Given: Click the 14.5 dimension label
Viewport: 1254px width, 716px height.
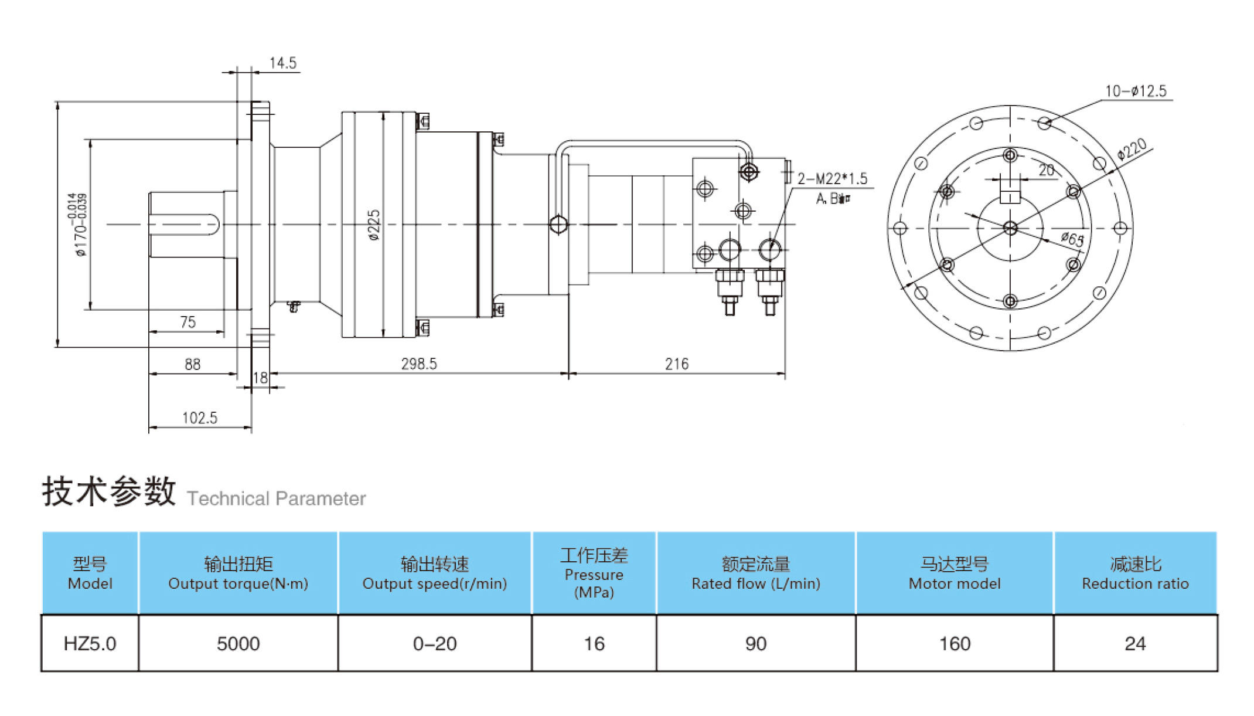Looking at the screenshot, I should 283,63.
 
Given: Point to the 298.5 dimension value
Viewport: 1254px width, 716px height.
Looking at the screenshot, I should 419,364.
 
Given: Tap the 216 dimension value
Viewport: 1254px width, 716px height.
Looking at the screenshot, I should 677,364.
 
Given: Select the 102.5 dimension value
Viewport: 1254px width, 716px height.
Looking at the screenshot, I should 200,418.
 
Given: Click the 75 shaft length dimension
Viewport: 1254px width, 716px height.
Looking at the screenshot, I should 188,322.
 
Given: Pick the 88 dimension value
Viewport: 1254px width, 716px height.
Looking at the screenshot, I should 193,364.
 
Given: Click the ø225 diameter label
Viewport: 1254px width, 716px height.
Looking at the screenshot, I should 374,225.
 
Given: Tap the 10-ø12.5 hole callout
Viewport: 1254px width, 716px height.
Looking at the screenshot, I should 1136,91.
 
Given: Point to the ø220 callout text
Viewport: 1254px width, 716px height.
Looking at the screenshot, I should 1132,149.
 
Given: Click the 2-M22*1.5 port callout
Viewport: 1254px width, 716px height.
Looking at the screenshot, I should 832,178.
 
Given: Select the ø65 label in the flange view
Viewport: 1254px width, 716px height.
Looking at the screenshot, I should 1072,239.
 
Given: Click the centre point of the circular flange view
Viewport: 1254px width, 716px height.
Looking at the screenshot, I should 1010,228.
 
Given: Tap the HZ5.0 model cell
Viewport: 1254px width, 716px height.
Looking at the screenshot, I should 90,643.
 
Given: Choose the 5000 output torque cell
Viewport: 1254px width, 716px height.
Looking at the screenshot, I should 238,643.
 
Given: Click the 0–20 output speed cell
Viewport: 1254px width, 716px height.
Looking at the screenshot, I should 435,643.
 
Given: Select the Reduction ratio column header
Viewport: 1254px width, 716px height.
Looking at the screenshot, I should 1135,574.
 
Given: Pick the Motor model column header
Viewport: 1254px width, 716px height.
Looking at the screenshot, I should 955,574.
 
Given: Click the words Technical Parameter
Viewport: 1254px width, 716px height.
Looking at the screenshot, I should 276,498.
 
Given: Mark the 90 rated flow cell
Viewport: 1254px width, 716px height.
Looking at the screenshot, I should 756,643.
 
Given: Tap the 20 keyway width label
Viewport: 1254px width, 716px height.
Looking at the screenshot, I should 1047,170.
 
